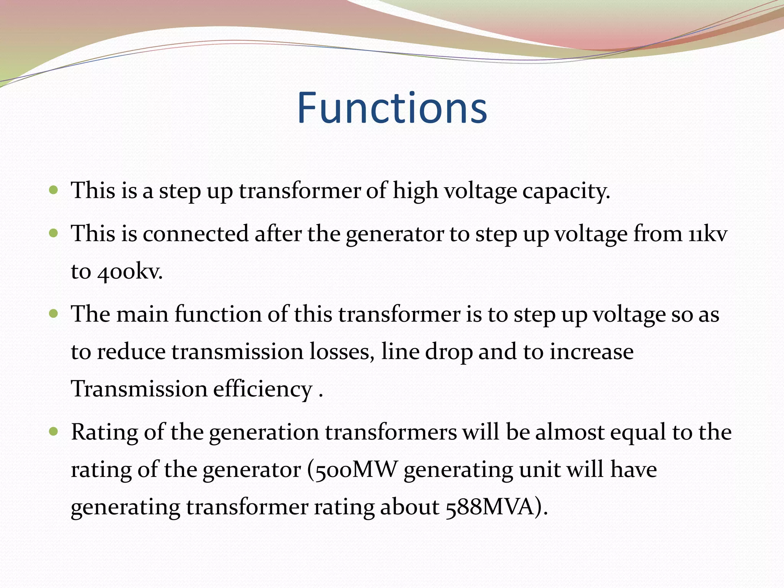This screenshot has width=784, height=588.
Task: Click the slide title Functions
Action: click(x=392, y=108)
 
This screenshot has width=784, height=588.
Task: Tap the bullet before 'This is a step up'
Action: click(x=54, y=190)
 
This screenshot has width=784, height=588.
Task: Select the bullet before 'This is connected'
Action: click(x=54, y=233)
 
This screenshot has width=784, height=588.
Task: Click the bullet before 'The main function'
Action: click(x=54, y=314)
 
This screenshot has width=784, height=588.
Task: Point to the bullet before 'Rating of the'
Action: click(x=54, y=432)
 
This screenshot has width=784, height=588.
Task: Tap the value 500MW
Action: click(x=356, y=470)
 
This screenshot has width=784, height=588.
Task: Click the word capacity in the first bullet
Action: click(x=565, y=191)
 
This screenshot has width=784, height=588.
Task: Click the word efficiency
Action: click(x=263, y=389)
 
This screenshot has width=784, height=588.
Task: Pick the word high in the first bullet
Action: click(x=415, y=191)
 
